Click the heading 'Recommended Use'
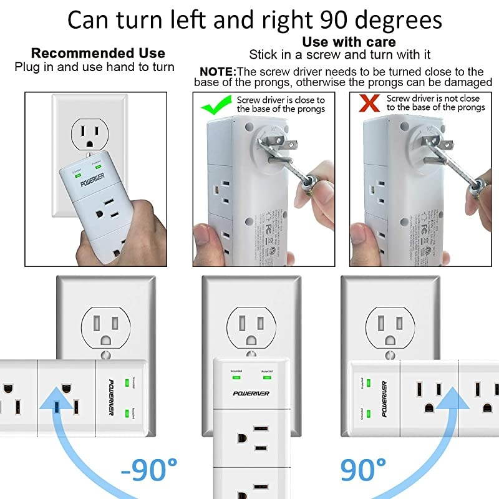coord(98,53)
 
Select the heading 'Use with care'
coord(349,42)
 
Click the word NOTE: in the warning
coord(218,72)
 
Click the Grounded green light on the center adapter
coord(235,377)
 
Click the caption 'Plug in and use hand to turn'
coord(95,66)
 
